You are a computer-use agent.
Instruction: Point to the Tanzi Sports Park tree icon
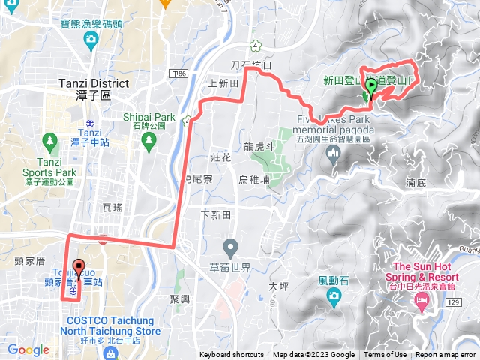tap(50, 140)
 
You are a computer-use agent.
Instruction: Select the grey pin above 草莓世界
tap(231, 246)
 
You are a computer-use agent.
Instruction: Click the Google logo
tap(28, 349)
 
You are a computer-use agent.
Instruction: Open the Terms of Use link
tap(385, 355)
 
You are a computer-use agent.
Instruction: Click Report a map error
tap(445, 355)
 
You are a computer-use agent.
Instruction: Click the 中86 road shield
tap(178, 73)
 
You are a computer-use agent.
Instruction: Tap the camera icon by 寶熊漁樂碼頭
tap(91, 38)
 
